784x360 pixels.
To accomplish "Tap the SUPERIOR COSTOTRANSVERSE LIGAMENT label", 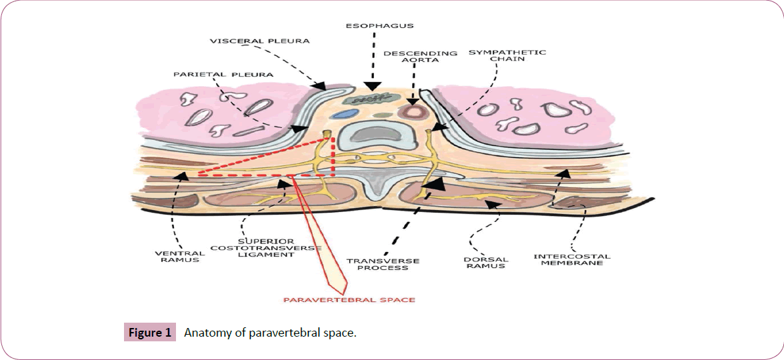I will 266,248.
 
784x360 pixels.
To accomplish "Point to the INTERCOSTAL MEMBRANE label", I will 571,259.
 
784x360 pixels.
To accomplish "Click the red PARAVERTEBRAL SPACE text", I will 349,300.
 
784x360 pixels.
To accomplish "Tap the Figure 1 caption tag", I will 150,333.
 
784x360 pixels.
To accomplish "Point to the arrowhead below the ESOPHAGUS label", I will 373,86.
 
